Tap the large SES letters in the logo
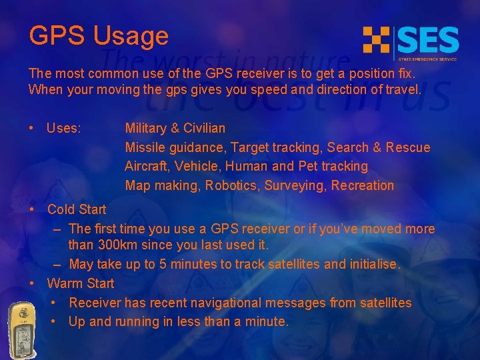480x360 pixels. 428,41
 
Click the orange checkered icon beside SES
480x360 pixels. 377,39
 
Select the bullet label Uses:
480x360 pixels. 64,128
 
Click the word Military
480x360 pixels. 148,128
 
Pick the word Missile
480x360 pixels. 145,147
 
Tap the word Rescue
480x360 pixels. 408,147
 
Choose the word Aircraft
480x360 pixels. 147,166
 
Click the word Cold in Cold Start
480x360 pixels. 61,209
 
